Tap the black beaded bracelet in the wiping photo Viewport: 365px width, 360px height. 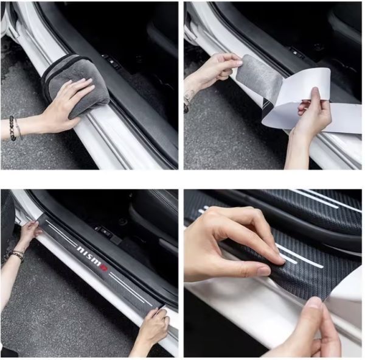click(12, 128)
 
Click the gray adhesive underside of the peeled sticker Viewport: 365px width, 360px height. click(261, 74)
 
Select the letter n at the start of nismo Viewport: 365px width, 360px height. click(80, 249)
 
